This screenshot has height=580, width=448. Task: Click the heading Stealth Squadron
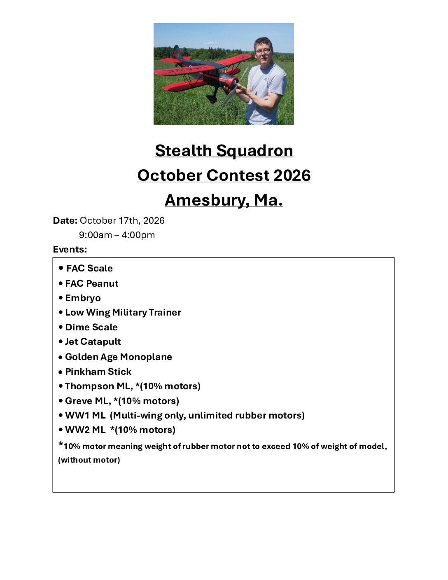224,151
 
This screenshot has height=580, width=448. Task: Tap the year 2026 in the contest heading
292,175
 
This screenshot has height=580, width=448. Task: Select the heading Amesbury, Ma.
224,200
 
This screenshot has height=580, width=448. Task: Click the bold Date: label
65,221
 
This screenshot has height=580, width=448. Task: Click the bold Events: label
70,250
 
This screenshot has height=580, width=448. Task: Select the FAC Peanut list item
91,284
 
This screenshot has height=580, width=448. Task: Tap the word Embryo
83,298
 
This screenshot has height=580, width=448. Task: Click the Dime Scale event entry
91,327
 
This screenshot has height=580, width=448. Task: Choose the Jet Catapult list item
93,342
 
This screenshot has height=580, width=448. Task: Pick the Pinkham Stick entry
98,372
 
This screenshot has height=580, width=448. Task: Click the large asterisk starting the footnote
61,445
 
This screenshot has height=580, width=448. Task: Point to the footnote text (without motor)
89,460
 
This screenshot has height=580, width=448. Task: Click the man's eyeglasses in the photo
263,51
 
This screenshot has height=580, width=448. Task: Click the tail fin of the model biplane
177,52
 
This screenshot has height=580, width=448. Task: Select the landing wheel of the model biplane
212,99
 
